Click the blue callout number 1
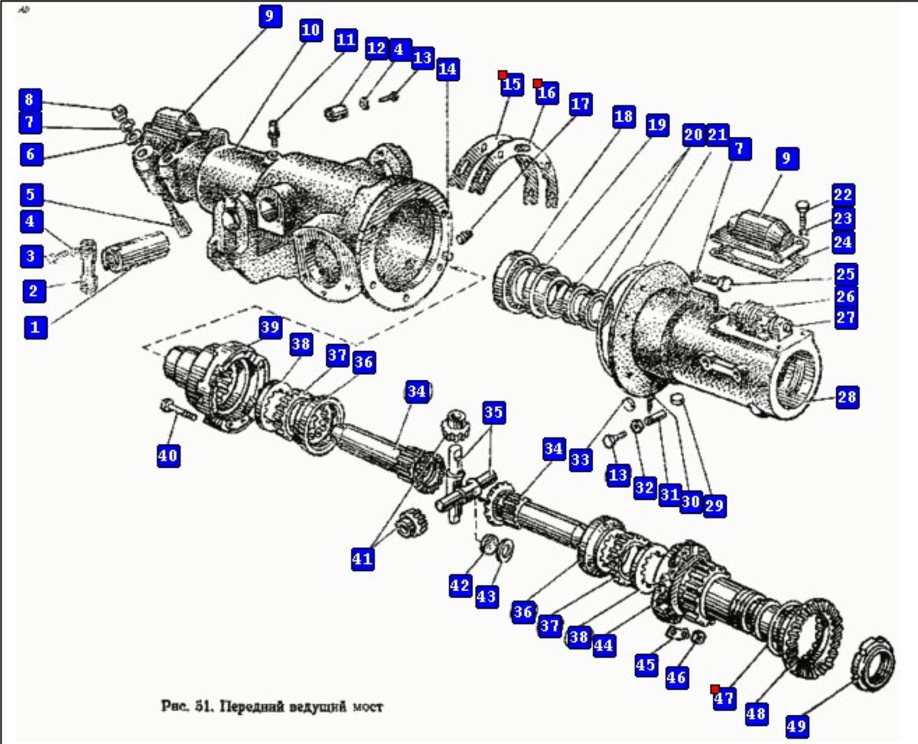(34, 327)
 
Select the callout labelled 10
(310, 31)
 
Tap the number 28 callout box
(847, 397)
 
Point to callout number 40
(168, 456)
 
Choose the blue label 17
(581, 104)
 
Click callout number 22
(843, 195)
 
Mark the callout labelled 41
(363, 558)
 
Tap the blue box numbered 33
(581, 458)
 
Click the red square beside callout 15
(503, 74)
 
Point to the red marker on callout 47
(715, 688)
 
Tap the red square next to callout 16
(537, 83)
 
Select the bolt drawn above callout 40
(178, 411)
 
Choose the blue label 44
(603, 645)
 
